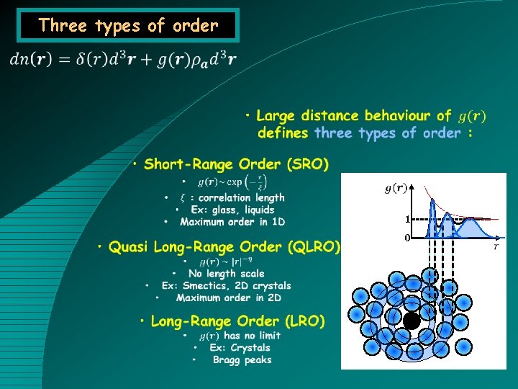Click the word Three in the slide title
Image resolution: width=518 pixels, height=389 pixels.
pos(63,25)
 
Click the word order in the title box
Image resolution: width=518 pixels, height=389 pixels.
pos(195,25)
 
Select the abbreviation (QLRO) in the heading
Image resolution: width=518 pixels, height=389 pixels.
pos(314,247)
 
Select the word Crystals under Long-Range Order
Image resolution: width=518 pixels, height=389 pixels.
pos(250,348)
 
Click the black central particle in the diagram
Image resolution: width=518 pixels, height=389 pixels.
pos(412,321)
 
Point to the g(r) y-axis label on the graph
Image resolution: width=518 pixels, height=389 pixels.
pos(396,189)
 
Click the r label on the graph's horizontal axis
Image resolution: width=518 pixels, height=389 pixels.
pos(496,246)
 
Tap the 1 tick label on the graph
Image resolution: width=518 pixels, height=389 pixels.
pos(406,220)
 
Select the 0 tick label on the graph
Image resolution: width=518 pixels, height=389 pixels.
pos(406,238)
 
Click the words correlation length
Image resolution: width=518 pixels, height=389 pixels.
pos(242,197)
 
